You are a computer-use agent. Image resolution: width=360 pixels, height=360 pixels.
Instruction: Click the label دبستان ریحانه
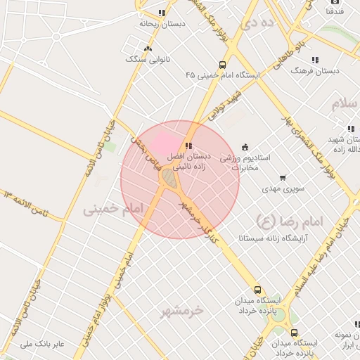[162, 23]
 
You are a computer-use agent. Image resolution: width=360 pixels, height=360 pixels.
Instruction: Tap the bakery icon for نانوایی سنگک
[148, 49]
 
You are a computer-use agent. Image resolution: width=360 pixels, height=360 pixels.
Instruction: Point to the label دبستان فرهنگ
[316, 71]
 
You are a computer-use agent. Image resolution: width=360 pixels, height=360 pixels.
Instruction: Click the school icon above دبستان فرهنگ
[315, 60]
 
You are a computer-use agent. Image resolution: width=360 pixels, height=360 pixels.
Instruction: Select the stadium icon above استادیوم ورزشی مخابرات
[245, 147]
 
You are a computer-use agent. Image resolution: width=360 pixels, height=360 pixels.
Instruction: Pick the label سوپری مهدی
[262, 188]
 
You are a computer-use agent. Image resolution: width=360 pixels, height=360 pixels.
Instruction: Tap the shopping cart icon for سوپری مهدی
[283, 178]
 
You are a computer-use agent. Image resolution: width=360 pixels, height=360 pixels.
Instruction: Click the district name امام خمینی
[112, 210]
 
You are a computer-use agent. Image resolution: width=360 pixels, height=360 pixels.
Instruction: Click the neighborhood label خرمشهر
[181, 310]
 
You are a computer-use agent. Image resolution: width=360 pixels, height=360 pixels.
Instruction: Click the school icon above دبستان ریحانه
[162, 13]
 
